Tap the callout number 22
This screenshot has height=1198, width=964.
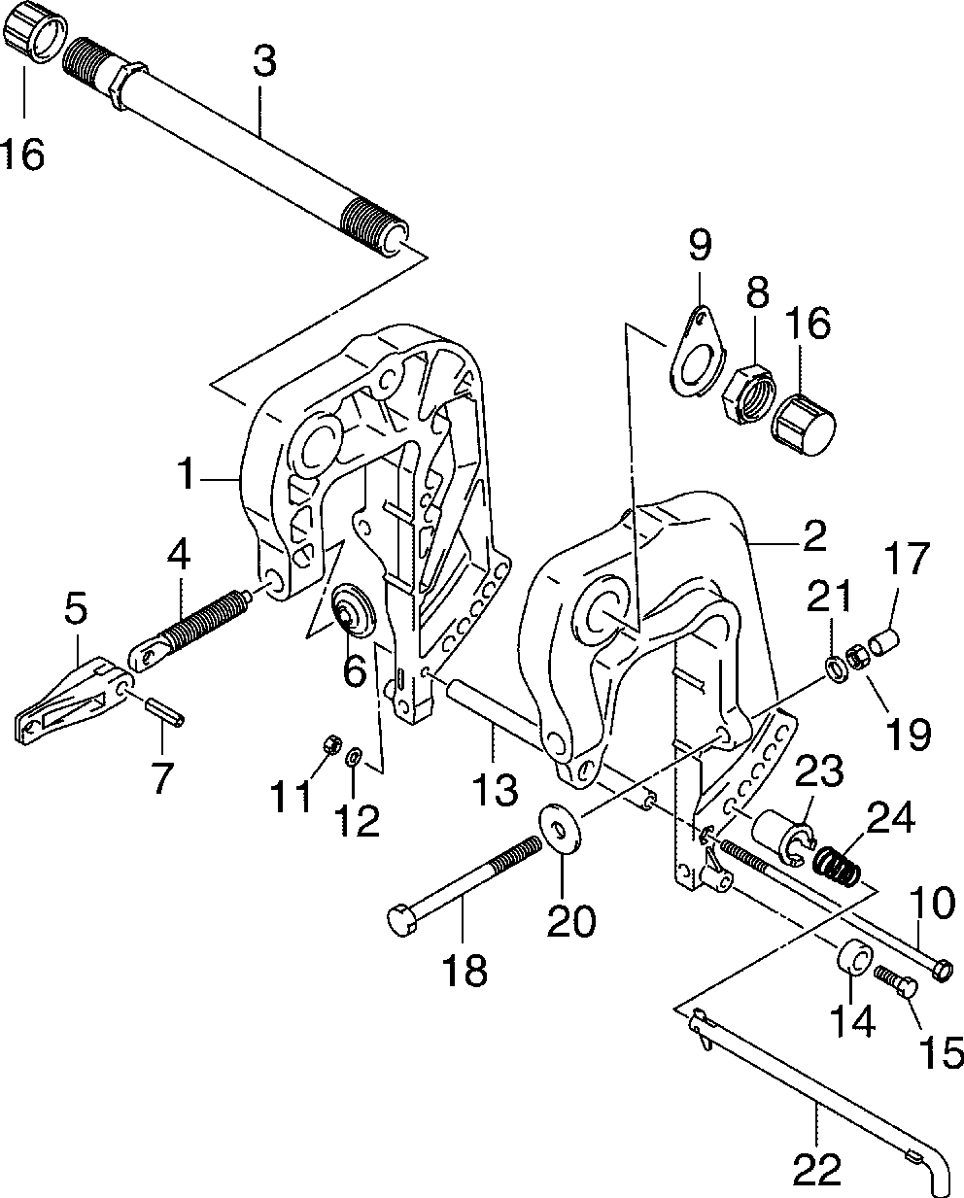(817, 1169)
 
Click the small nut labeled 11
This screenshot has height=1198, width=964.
(330, 745)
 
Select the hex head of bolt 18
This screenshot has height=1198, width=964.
(401, 918)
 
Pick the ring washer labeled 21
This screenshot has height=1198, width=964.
(835, 668)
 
